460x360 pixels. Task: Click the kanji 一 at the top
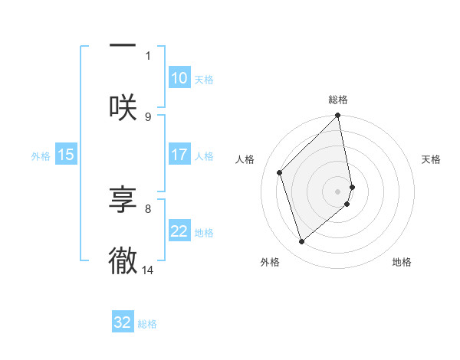coord(123,46)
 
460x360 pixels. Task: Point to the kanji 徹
coord(123,260)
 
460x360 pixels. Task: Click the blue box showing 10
coord(179,78)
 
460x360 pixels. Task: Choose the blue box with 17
coord(179,155)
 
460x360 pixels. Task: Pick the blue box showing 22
coord(179,231)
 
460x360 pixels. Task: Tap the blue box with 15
coord(65,155)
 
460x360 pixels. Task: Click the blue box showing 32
coord(123,322)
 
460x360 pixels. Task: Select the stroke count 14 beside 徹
coord(149,270)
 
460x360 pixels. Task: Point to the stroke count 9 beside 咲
coord(148,116)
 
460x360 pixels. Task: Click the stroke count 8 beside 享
coord(148,208)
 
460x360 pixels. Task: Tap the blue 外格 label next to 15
coord(41,155)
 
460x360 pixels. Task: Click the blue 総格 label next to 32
coord(147,324)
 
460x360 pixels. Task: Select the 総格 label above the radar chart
coord(338,100)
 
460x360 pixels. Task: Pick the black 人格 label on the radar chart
coord(245,159)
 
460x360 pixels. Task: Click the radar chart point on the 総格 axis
coord(338,116)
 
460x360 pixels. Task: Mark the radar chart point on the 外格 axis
coord(302,241)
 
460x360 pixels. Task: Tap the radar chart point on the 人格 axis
coord(280,172)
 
